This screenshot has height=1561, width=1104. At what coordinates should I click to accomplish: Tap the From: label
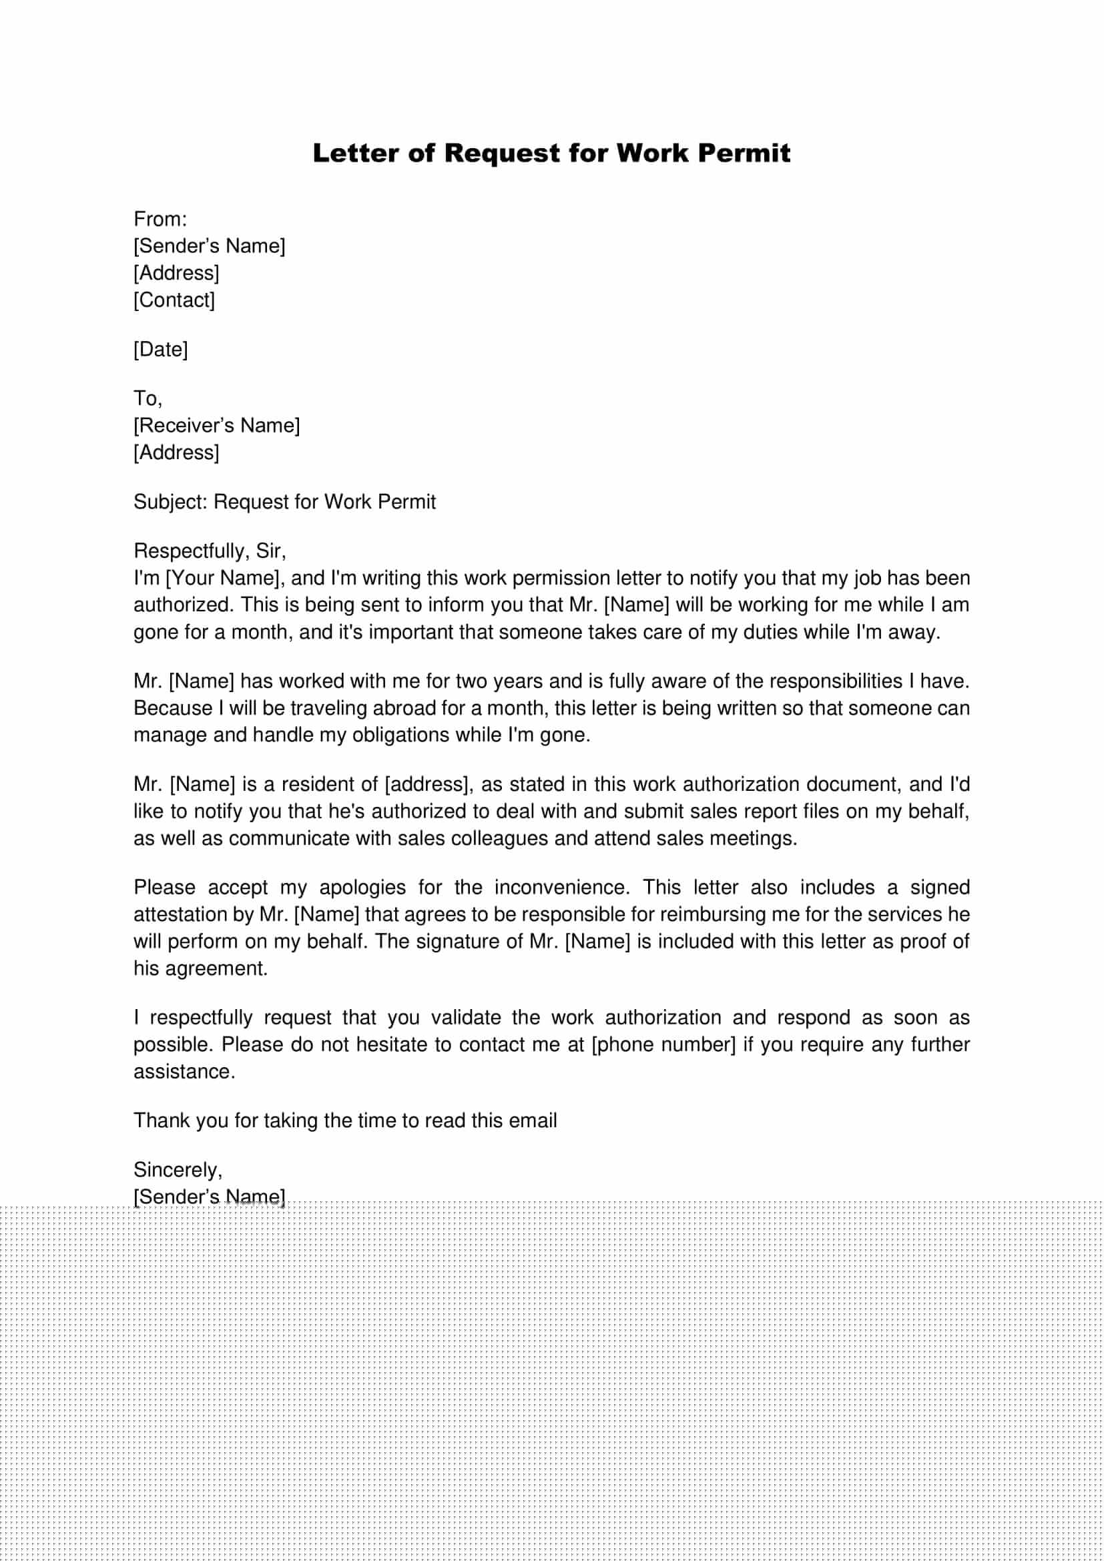160,219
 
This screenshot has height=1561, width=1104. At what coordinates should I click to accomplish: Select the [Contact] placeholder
174,300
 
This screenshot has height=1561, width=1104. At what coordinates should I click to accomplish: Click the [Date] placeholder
160,350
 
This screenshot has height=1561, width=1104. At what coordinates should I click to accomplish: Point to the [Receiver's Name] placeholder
216,426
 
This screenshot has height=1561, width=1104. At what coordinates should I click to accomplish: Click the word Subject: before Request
170,502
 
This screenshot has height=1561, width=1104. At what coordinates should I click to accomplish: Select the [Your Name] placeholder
224,578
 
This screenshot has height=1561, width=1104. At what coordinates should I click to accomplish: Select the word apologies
362,887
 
